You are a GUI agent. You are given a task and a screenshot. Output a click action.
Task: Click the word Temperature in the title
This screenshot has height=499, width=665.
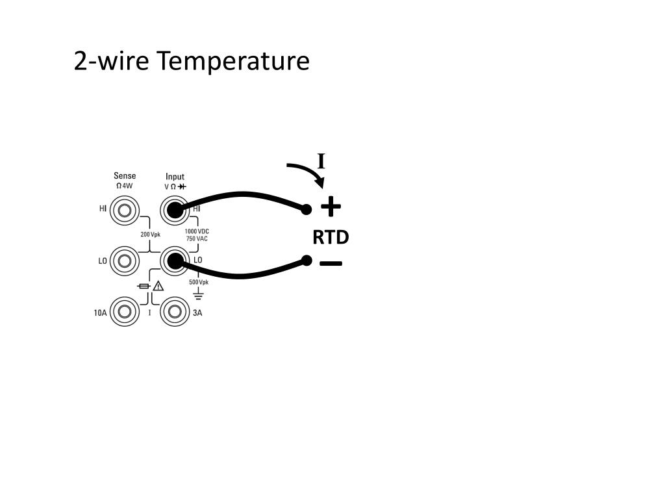click(233, 62)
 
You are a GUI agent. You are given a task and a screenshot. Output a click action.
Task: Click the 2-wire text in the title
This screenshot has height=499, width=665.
click(111, 62)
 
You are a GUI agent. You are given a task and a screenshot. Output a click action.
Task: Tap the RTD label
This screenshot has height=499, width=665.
click(331, 238)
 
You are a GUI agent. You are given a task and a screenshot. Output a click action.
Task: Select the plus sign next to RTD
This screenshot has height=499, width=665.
click(331, 207)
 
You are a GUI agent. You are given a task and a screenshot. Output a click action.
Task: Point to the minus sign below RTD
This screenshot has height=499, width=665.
click(331, 263)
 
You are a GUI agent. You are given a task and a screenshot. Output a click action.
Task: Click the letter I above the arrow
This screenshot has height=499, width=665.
click(321, 161)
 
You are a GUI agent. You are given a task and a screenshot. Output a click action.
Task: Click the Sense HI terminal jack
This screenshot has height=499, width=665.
click(124, 210)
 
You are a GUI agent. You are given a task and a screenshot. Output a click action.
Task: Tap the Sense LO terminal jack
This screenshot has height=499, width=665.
click(124, 261)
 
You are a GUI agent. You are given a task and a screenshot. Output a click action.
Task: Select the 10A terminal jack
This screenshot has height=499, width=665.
click(124, 313)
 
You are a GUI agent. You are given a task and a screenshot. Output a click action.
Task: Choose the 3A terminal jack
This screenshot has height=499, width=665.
click(174, 313)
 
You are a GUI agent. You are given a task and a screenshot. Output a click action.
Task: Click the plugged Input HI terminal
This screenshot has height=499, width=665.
click(174, 210)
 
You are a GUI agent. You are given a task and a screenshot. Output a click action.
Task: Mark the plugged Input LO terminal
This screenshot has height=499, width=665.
click(174, 261)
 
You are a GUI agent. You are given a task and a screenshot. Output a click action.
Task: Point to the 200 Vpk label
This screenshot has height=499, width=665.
click(150, 235)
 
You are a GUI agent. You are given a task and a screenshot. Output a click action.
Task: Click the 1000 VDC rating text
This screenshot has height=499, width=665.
click(197, 231)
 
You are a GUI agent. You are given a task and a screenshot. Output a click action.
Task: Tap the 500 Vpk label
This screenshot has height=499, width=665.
click(199, 282)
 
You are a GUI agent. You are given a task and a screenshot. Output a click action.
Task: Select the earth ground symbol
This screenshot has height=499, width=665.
click(199, 296)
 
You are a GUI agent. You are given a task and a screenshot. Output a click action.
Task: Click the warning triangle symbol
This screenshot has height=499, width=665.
click(158, 287)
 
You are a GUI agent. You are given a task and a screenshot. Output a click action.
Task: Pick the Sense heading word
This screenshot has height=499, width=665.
click(125, 176)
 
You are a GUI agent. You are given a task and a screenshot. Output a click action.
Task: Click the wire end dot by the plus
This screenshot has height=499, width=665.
click(307, 209)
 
